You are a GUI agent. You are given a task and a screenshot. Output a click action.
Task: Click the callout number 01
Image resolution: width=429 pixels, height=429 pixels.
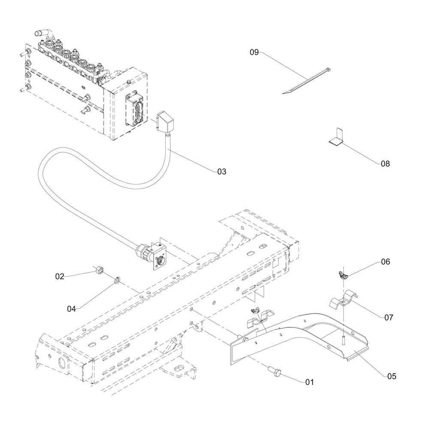pyautogui.click(x=309, y=381)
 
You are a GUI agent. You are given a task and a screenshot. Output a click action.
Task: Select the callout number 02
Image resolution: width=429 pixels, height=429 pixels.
pyautogui.click(x=59, y=276)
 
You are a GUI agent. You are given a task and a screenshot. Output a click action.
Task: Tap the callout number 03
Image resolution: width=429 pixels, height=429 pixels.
pyautogui.click(x=221, y=172)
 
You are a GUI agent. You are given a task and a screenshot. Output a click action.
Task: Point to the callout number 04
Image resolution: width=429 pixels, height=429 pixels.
pyautogui.click(x=72, y=308)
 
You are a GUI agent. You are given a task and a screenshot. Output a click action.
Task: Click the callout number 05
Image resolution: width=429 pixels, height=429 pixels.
pyautogui.click(x=391, y=376)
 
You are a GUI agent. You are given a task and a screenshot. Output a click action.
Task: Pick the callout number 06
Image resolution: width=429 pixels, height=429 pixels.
pyautogui.click(x=385, y=262)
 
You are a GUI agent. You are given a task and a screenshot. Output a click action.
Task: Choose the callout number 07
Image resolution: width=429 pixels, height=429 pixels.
pyautogui.click(x=389, y=317)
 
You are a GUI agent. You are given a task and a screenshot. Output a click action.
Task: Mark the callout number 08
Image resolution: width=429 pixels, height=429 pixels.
pyautogui.click(x=385, y=163)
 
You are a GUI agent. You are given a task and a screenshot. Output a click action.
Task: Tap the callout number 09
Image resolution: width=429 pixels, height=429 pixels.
pyautogui.click(x=254, y=52)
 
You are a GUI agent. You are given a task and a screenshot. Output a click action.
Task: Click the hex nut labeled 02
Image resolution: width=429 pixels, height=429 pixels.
pyautogui.click(x=98, y=271)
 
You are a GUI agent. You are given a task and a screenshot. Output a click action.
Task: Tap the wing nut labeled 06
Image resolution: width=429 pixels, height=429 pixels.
pyautogui.click(x=342, y=274)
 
